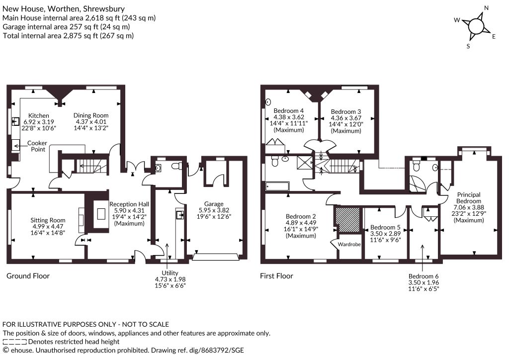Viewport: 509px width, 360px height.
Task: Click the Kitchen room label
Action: click(39, 115)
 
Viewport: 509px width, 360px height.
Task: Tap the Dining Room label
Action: click(91, 115)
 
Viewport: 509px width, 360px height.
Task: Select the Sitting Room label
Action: click(48, 220)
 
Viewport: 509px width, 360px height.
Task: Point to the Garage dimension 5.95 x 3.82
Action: click(214, 210)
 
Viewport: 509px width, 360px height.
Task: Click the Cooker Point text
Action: click(37, 146)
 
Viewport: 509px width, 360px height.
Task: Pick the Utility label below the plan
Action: click(170, 273)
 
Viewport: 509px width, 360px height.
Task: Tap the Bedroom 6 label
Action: click(424, 276)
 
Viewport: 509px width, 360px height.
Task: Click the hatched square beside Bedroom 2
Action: click(347, 220)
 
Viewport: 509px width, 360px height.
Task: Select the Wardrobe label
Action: click(349, 244)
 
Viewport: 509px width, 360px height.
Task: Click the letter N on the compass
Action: click(486, 8)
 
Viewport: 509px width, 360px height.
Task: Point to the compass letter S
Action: click(468, 46)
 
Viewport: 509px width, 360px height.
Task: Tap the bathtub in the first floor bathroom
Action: click(277, 186)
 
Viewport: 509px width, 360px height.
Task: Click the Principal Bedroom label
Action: click(469, 198)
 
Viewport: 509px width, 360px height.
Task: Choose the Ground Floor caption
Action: click(28, 276)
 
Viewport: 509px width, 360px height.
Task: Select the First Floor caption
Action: click(276, 276)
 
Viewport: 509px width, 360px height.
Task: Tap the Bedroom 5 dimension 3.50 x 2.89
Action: click(386, 233)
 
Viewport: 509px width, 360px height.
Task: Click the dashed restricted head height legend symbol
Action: click(14, 342)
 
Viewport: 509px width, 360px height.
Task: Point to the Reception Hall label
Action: click(129, 204)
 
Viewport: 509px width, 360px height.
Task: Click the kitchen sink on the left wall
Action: click(15, 121)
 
